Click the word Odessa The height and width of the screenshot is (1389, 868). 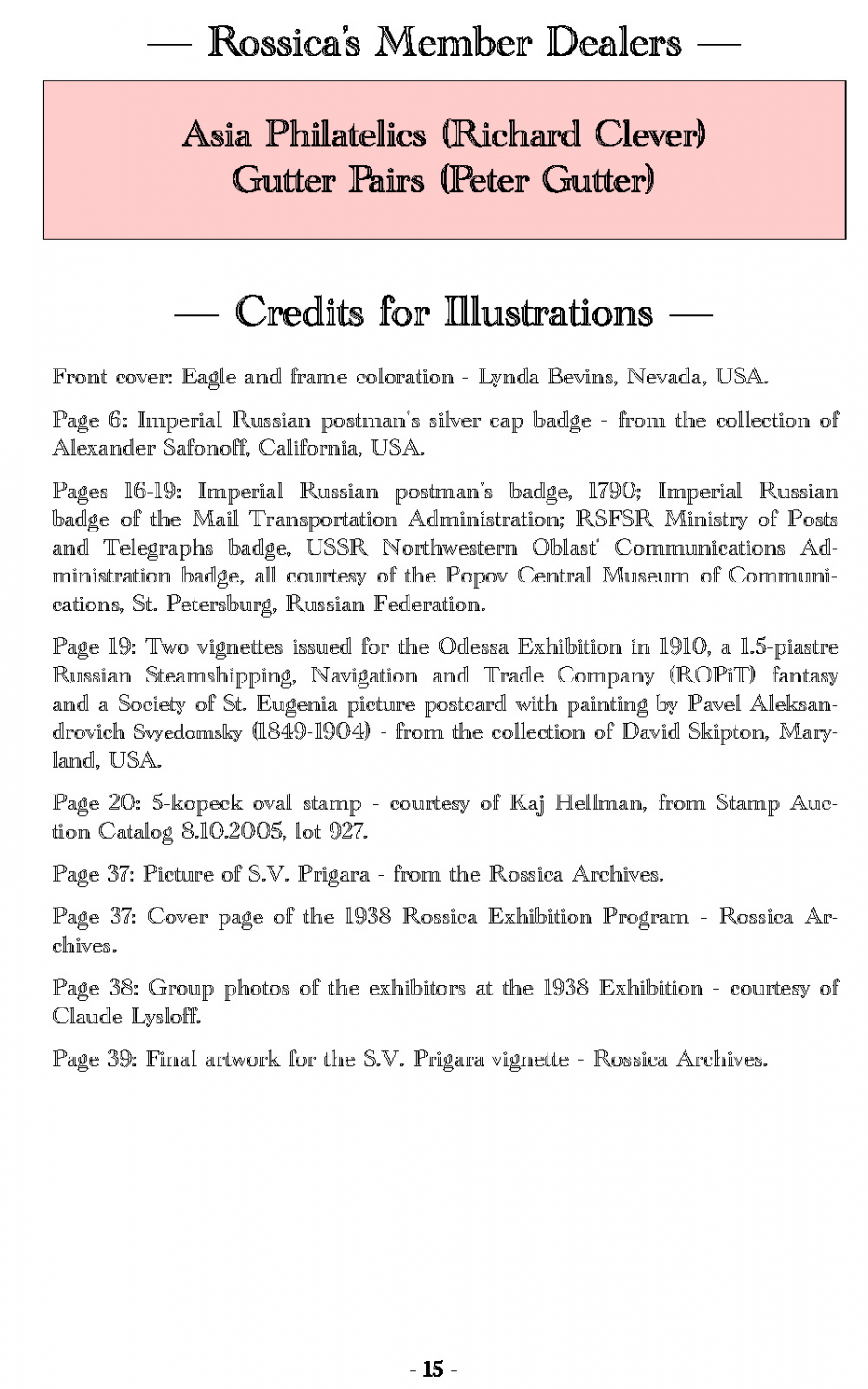(x=473, y=646)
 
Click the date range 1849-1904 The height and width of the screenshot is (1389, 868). (x=313, y=732)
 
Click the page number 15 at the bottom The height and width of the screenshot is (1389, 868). (x=434, y=1369)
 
